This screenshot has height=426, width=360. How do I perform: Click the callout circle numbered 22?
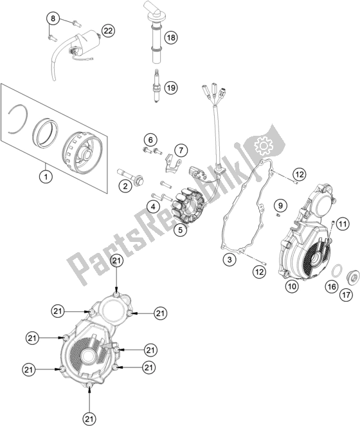click(108, 31)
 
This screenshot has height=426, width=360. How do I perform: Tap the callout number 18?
click(171, 37)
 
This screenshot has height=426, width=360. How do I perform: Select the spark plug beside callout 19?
click(156, 86)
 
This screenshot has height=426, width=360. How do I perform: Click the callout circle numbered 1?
click(46, 177)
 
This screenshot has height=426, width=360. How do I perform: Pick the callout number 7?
click(181, 150)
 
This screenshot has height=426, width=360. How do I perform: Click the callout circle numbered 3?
click(230, 259)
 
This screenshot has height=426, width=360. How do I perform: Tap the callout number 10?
click(292, 286)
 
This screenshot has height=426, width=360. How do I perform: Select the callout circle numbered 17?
click(346, 295)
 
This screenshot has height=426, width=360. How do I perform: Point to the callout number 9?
click(280, 205)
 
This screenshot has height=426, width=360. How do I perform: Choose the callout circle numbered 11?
click(343, 224)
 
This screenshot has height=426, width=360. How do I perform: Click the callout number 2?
click(125, 186)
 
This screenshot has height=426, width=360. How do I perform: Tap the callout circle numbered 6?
click(150, 140)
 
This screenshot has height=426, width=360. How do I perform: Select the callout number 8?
click(53, 19)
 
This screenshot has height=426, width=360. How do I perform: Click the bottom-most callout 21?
click(89, 419)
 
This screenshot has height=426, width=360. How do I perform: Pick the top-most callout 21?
click(116, 261)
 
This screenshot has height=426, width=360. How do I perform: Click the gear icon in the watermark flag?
click(263, 146)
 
